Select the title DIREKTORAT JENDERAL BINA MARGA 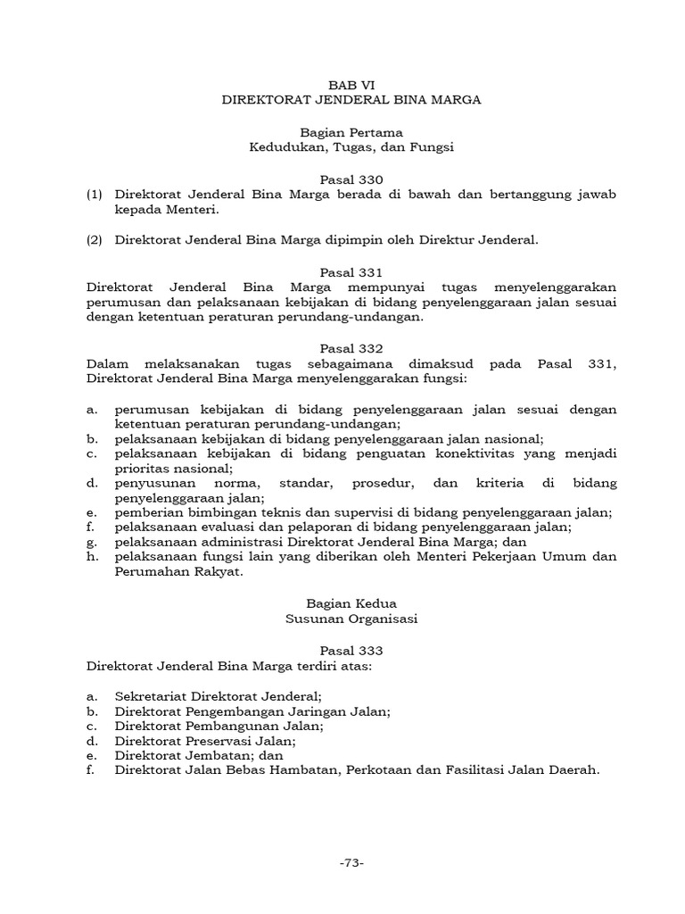coord(351,100)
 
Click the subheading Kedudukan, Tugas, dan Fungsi coord(351,147)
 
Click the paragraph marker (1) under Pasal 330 coord(95,194)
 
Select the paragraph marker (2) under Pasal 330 coord(95,239)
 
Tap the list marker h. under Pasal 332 coord(91,558)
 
